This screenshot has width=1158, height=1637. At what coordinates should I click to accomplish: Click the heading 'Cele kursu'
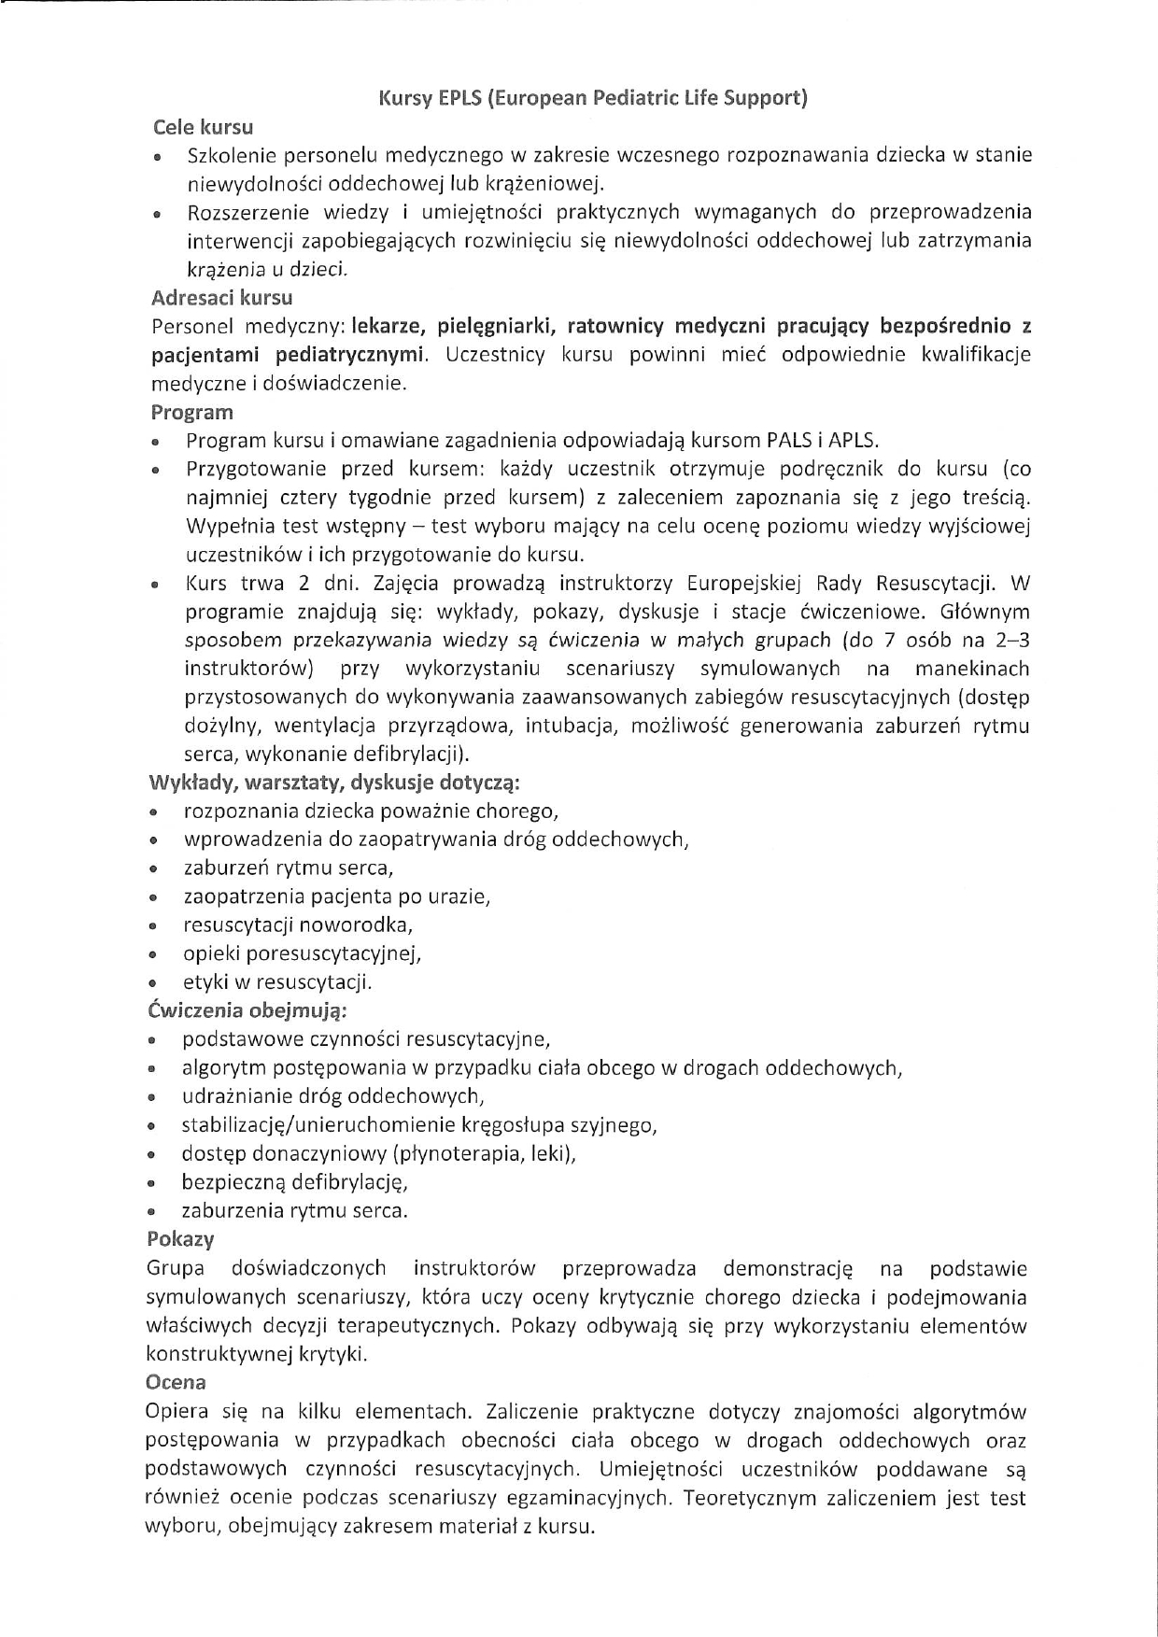pyautogui.click(x=203, y=127)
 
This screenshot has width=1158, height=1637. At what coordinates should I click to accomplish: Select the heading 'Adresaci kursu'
pyautogui.click(x=221, y=298)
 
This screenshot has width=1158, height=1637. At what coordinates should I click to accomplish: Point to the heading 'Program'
pyautogui.click(x=191, y=412)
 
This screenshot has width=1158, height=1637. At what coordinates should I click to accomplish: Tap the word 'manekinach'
pyautogui.click(x=972, y=669)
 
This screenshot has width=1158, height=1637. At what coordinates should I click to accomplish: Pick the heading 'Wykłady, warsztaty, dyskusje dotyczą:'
pyautogui.click(x=334, y=782)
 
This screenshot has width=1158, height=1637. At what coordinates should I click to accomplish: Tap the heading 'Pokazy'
pyautogui.click(x=180, y=1239)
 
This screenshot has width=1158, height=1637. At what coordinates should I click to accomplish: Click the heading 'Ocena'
pyautogui.click(x=176, y=1382)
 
